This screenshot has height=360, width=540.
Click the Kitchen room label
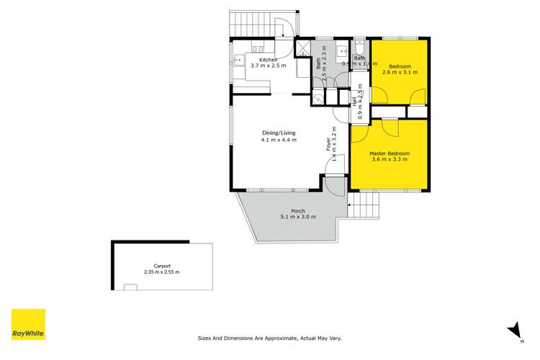point(269,59)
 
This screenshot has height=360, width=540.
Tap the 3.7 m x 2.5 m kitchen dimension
point(269,66)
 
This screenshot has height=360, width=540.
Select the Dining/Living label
point(279,133)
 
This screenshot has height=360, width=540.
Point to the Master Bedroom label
point(390,153)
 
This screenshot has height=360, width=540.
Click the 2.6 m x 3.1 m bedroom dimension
point(400,72)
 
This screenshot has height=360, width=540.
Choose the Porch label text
point(288,210)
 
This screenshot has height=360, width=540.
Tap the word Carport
point(161,265)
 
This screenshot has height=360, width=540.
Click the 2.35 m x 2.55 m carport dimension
point(161,271)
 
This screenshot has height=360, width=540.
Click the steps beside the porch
point(366,209)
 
